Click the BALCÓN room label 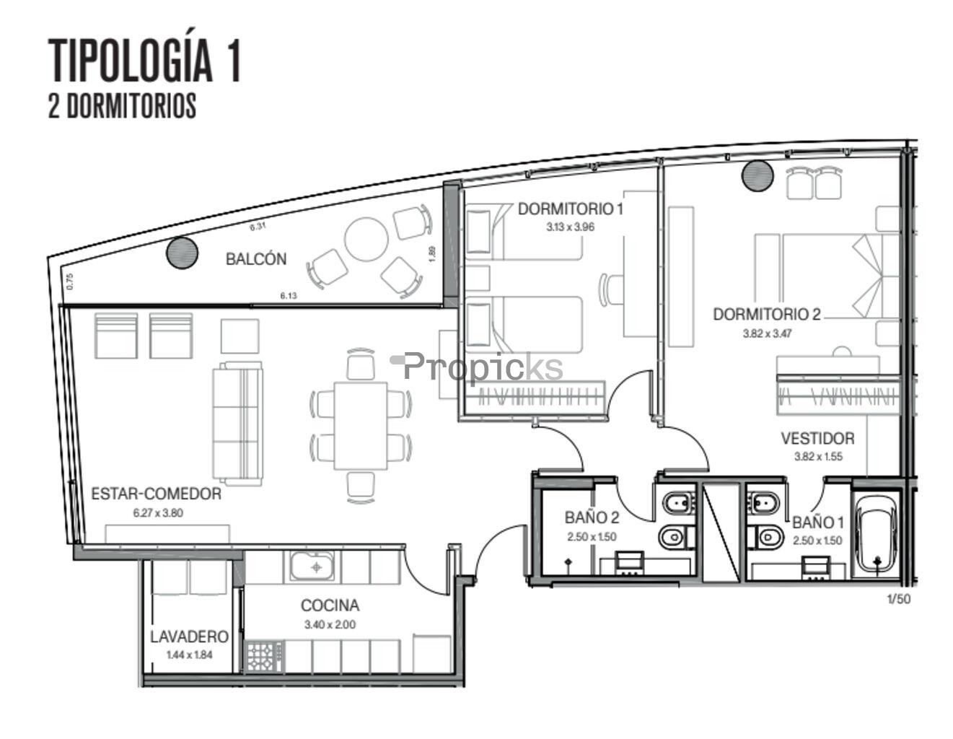pyautogui.click(x=256, y=259)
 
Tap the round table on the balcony pyautogui.click(x=366, y=240)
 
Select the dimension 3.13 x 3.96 pyautogui.click(x=570, y=227)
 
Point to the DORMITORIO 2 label pyautogui.click(x=767, y=315)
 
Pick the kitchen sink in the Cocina pyautogui.click(x=312, y=566)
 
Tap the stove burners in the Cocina pyautogui.click(x=265, y=657)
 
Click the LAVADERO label pyautogui.click(x=190, y=637)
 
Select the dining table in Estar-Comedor pyautogui.click(x=361, y=426)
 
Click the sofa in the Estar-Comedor pyautogui.click(x=237, y=423)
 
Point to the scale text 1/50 pyautogui.click(x=899, y=599)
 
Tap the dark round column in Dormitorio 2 pyautogui.click(x=757, y=176)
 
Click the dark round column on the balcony pyautogui.click(x=182, y=253)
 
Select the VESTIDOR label pyautogui.click(x=817, y=439)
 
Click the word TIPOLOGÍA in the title pyautogui.click(x=131, y=61)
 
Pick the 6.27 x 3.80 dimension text pyautogui.click(x=158, y=512)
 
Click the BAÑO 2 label pyautogui.click(x=592, y=518)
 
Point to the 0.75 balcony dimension pyautogui.click(x=70, y=281)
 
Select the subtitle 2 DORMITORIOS pyautogui.click(x=123, y=105)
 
